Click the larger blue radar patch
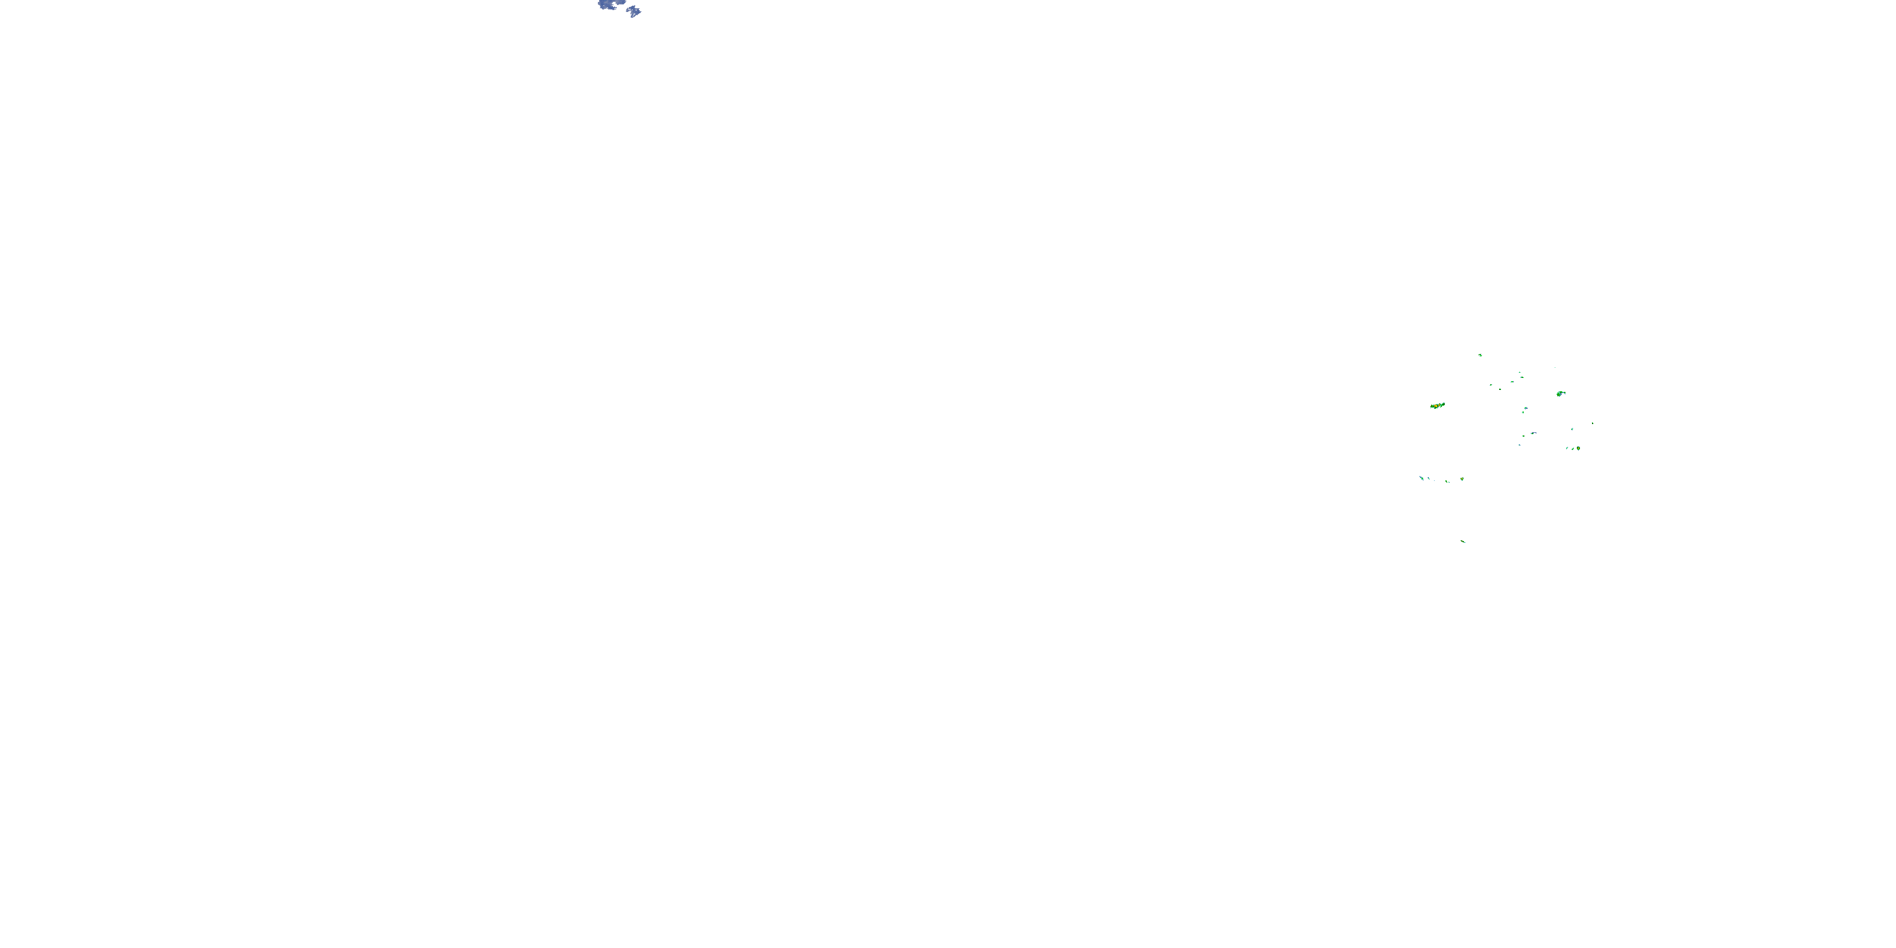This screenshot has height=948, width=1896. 607,5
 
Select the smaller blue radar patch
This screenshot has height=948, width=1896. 634,11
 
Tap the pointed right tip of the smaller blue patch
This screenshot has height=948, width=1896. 640,12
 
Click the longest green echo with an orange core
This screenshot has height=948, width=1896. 1437,406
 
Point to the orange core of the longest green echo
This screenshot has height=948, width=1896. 1435,406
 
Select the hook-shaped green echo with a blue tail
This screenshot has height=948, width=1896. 1560,394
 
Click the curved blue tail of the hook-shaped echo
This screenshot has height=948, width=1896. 1564,392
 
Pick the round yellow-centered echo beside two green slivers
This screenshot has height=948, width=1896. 1578,447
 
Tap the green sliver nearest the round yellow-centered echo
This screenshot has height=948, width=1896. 1573,448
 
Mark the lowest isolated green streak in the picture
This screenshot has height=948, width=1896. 1463,542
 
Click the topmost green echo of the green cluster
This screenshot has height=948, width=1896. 1480,355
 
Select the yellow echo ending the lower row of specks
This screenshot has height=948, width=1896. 1462,479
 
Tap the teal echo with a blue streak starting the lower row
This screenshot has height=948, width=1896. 1421,478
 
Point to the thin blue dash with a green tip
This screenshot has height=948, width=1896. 1534,433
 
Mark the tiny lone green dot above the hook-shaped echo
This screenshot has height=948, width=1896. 1555,367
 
